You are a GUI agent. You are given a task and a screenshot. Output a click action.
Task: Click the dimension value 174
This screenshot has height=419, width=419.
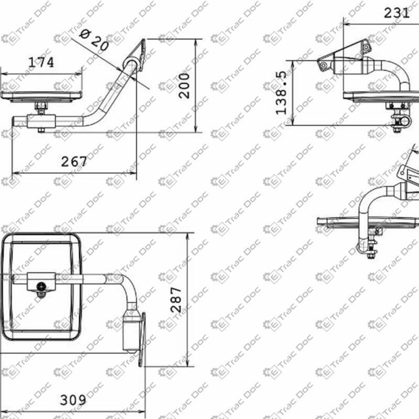41,62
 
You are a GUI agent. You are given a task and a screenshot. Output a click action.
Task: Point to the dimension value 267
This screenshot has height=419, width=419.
74,162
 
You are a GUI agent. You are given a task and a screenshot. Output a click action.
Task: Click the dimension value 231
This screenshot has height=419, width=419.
396,13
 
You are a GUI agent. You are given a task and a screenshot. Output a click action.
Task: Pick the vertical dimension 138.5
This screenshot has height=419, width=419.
282,94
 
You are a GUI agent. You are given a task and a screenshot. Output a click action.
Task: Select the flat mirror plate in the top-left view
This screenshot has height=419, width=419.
41,96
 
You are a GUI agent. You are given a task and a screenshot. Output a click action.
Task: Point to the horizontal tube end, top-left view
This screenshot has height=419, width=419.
16,122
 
